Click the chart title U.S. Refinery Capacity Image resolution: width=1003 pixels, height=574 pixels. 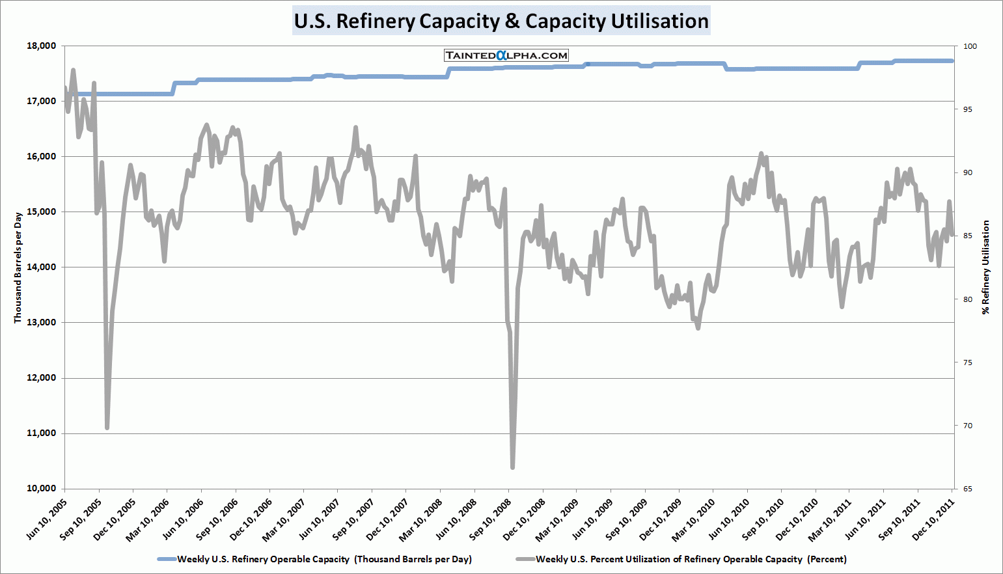coord(501,21)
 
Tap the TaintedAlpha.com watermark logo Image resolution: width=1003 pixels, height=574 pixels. coord(506,56)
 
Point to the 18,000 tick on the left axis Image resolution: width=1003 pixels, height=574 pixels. coord(42,46)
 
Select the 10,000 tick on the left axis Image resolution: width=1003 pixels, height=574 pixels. coord(42,489)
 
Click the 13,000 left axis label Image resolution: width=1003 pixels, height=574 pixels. coord(42,323)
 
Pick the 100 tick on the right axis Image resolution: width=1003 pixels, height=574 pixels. coord(970,46)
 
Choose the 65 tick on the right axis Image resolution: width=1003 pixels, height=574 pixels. coord(968,489)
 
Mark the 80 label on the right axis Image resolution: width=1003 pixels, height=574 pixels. coord(968,299)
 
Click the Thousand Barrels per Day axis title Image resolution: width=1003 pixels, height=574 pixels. coord(18,267)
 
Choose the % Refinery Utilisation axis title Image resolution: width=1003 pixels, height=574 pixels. coord(986,267)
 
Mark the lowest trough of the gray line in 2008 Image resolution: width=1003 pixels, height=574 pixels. coord(513,467)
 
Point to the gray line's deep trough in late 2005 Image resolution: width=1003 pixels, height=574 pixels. coord(107,428)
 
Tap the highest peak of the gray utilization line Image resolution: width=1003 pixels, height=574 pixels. coord(73,70)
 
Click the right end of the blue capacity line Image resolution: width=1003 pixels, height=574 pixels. coord(952,61)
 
